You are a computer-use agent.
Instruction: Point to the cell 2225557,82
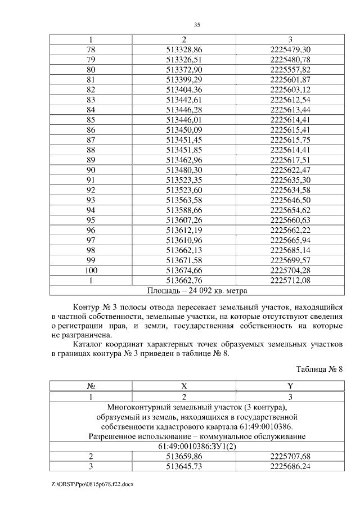tap(290, 69)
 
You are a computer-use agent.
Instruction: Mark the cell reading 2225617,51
tap(290, 159)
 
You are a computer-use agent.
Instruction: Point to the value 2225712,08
tap(290, 280)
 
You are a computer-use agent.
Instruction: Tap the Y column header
tap(290, 386)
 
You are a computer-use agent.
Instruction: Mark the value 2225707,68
tap(290, 456)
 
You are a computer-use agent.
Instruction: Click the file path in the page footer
tap(92, 484)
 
